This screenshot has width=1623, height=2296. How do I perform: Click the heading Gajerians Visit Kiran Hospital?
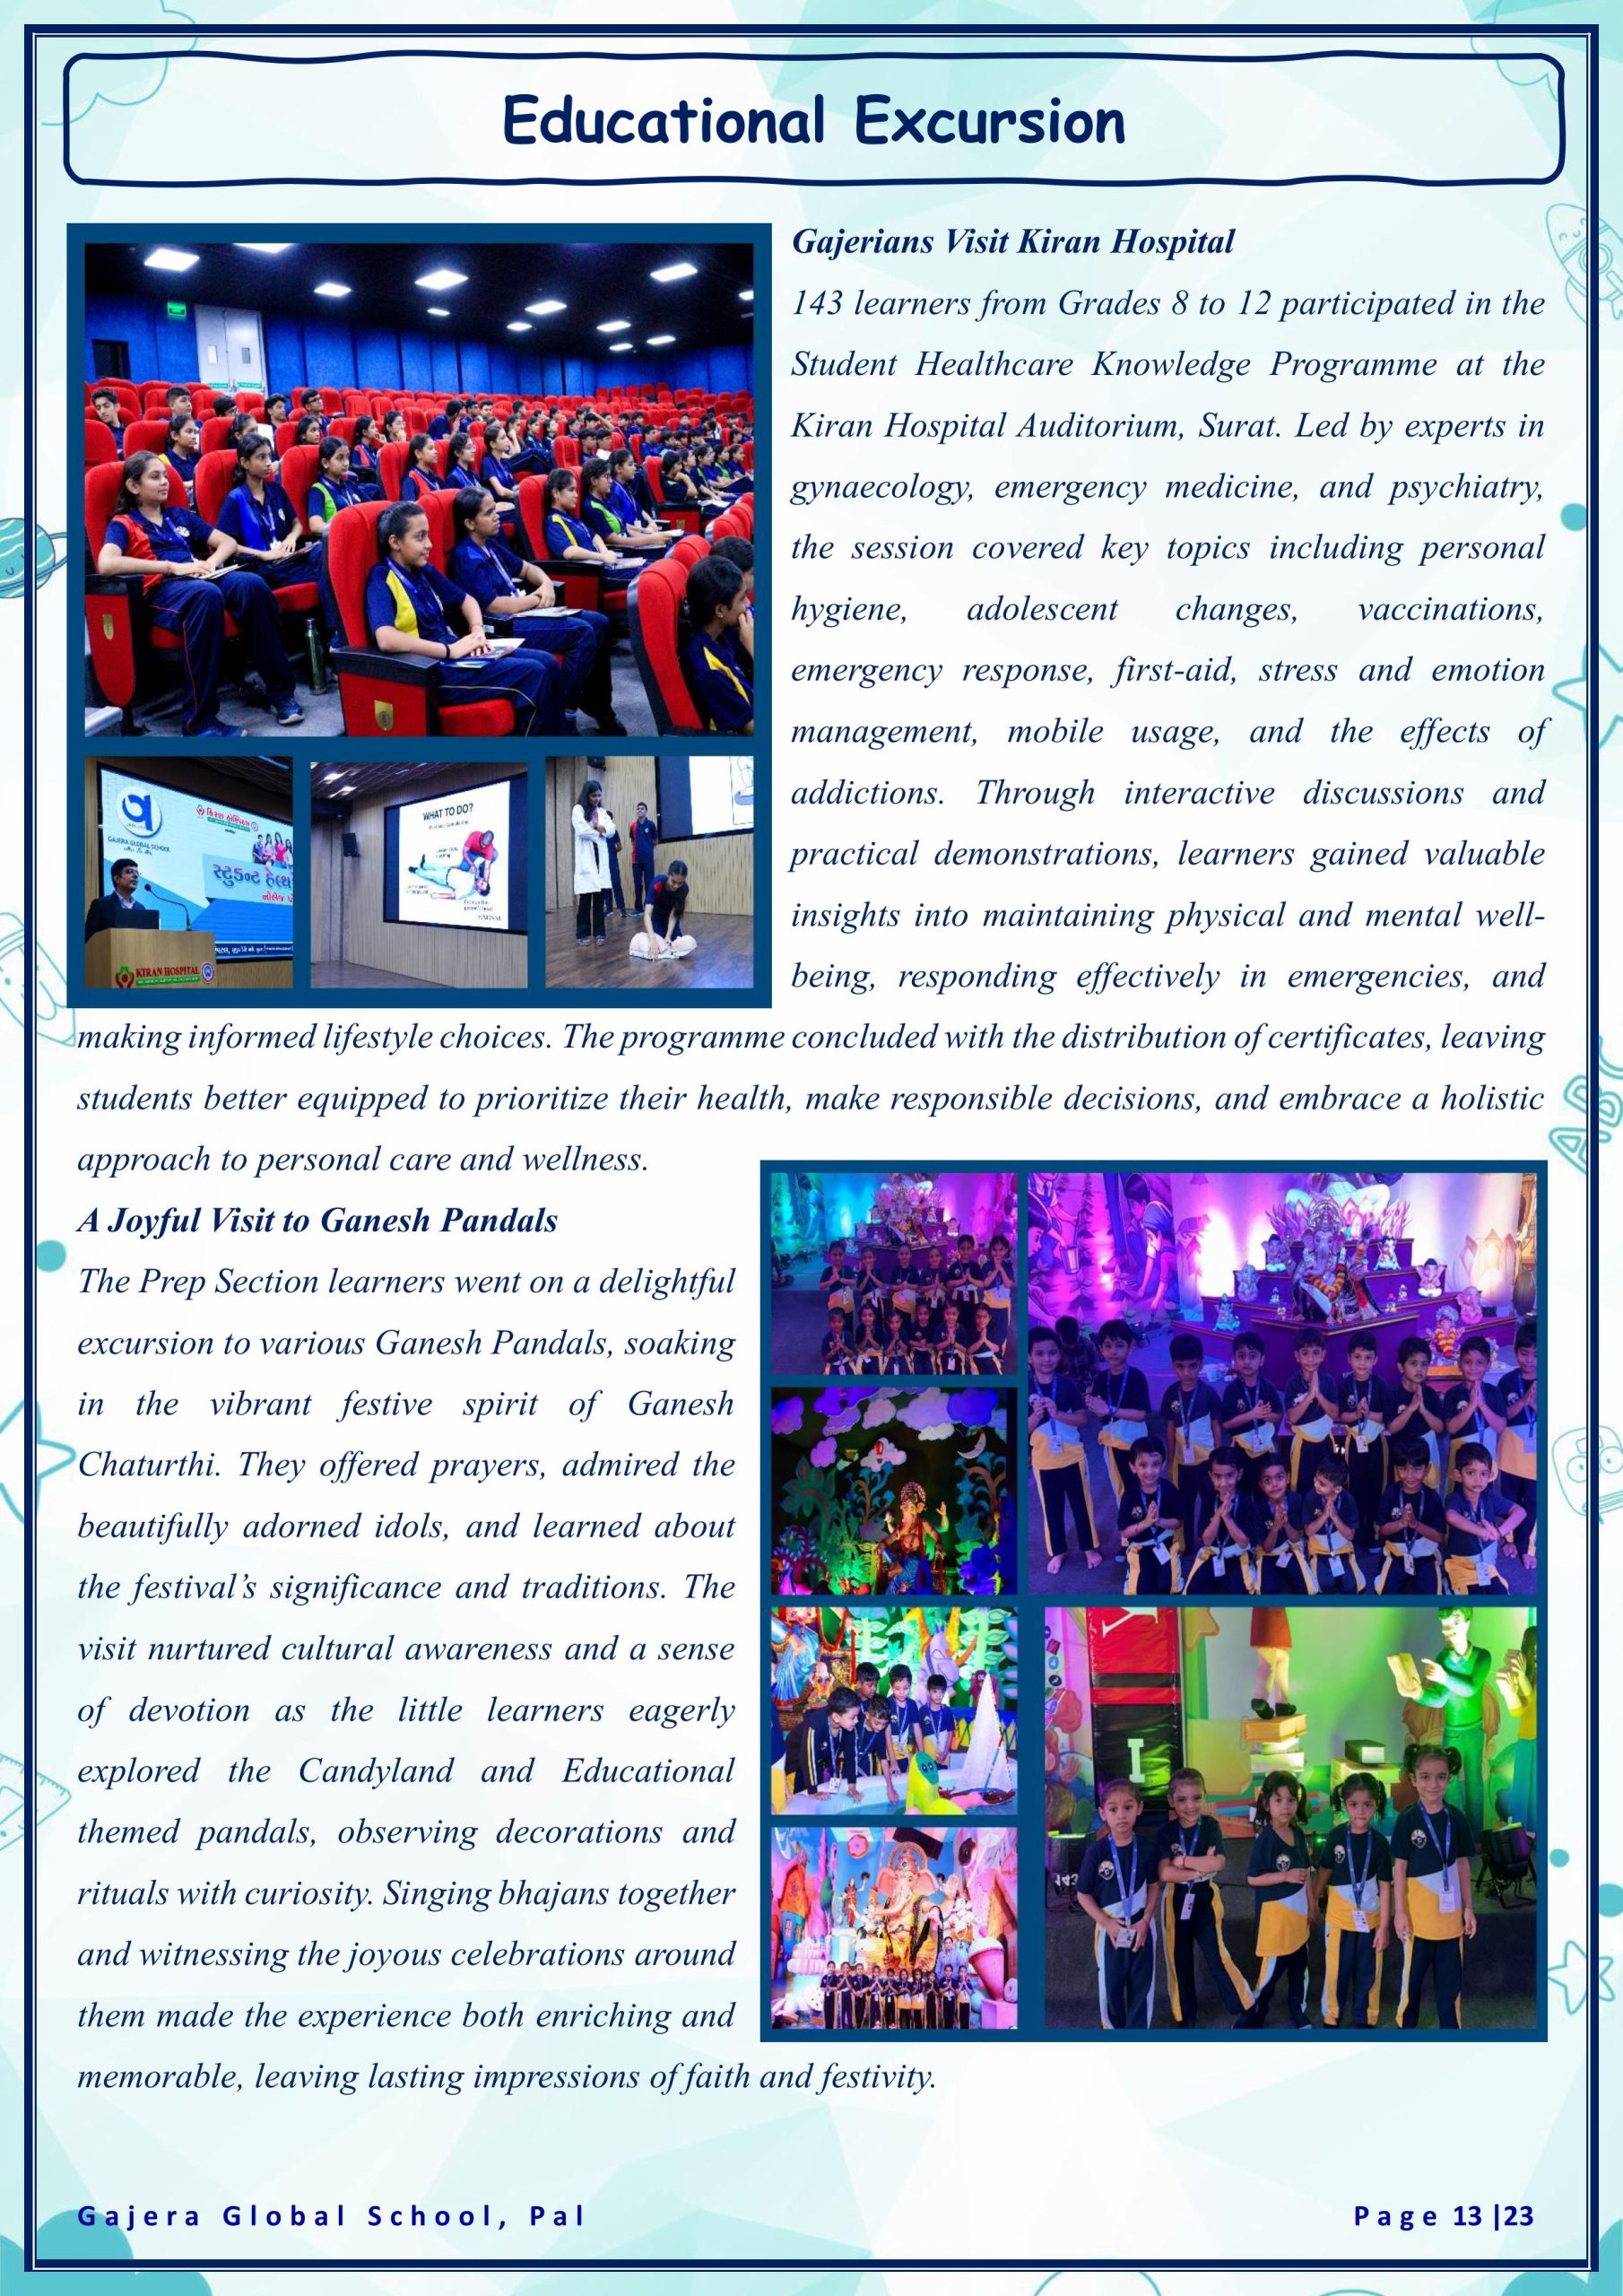coord(1013,243)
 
